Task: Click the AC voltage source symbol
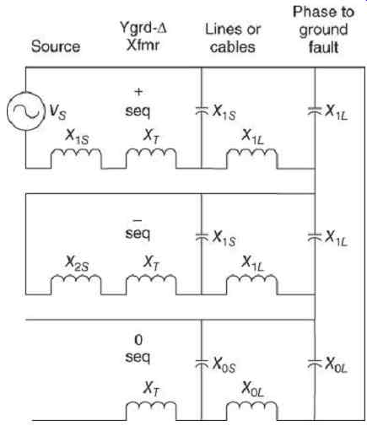(25, 111)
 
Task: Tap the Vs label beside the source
(57, 112)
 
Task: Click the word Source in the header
(56, 46)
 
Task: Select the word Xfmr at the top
(143, 45)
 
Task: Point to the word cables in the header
(233, 46)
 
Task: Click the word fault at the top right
(323, 46)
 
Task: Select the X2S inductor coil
(76, 284)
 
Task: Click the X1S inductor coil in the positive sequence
(76, 159)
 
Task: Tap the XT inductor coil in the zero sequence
(151, 411)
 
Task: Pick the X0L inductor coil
(251, 411)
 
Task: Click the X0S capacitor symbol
(202, 364)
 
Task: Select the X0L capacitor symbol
(315, 364)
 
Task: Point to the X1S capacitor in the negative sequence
(202, 237)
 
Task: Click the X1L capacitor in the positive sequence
(315, 111)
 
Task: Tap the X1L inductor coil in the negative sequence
(251, 284)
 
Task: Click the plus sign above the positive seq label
(138, 92)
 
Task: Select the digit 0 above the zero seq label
(138, 340)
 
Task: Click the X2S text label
(77, 263)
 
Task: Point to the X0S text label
(224, 365)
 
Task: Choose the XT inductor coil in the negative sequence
(151, 284)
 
